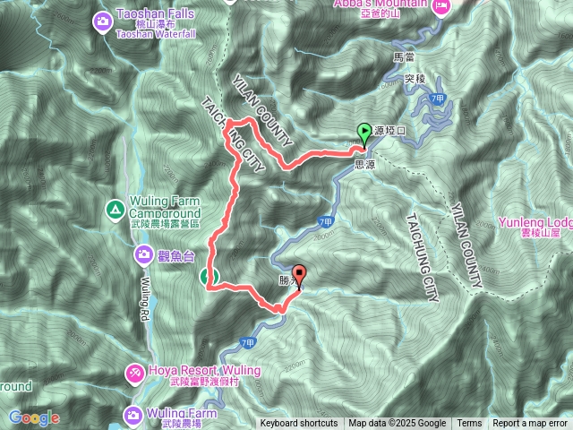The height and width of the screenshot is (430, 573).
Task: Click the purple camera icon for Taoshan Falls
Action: coord(105,18)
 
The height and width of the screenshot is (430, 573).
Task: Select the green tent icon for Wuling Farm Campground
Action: coord(115,210)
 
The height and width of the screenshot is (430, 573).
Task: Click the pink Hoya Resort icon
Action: coord(133,370)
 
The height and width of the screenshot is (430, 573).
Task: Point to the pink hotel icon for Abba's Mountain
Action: coord(440,6)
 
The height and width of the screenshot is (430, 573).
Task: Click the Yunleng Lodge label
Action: coord(535,222)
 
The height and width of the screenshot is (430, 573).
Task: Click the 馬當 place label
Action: coord(405,56)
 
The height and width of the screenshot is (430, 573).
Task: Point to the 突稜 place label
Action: coord(413,79)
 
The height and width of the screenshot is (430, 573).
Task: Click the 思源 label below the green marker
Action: coord(365,165)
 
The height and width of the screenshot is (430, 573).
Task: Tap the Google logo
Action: coord(34,417)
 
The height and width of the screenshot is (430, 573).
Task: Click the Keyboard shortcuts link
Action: coord(299,424)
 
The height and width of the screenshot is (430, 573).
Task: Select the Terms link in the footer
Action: coord(469,424)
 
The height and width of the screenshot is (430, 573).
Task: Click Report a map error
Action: coord(531,424)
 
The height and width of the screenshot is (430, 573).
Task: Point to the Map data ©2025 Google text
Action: coord(397,424)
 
